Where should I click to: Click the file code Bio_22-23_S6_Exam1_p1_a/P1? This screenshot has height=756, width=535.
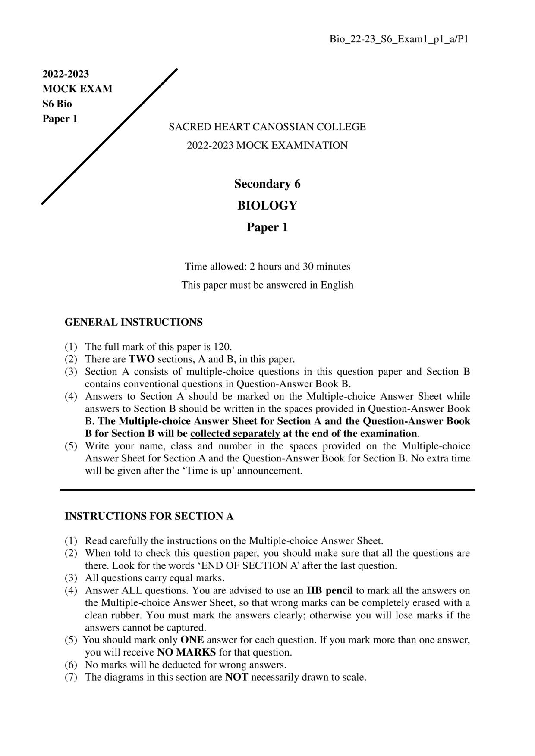coord(399,39)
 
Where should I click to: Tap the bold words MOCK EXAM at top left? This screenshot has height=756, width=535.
coord(77,89)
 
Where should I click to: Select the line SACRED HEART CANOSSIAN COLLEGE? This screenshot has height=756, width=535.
coord(267,127)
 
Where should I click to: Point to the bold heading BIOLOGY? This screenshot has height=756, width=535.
coord(267,205)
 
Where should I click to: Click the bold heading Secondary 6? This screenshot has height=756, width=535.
coord(267,184)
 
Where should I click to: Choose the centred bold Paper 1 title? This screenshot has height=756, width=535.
coord(267,227)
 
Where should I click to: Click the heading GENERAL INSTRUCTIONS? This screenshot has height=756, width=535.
coord(133,322)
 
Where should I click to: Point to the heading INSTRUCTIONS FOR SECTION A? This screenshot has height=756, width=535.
coord(149,516)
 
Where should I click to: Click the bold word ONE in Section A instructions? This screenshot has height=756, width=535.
coord(192,640)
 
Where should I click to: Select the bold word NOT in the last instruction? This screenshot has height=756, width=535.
coord(236,677)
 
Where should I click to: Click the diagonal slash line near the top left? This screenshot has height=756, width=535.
coord(110,136)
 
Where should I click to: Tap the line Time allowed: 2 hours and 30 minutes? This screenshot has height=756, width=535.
coord(267,267)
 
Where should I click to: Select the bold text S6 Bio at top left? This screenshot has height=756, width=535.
coord(57,104)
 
